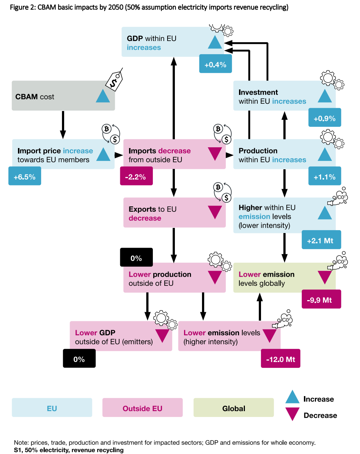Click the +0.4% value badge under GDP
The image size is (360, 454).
tap(216, 64)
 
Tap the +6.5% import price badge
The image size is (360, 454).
tap(25, 177)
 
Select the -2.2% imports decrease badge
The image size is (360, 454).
tap(136, 177)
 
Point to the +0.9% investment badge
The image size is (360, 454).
tap(324, 118)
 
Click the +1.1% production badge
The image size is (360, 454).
tap(324, 177)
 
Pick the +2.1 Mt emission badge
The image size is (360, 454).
tap(321, 240)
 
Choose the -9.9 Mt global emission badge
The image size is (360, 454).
tap(321, 300)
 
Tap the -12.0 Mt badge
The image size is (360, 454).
tap(280, 359)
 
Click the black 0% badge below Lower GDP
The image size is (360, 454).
tap(79, 359)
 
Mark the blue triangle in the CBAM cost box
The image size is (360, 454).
tap(103, 96)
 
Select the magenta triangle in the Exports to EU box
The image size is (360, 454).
tap(214, 212)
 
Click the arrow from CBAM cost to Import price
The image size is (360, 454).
tap(63, 125)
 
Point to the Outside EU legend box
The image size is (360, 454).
tap(142, 408)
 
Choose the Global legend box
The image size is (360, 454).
tap(234, 408)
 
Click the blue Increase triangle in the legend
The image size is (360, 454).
tap(292, 397)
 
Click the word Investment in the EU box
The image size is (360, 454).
tap(258, 92)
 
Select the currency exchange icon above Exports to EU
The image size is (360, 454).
tap(223, 192)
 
